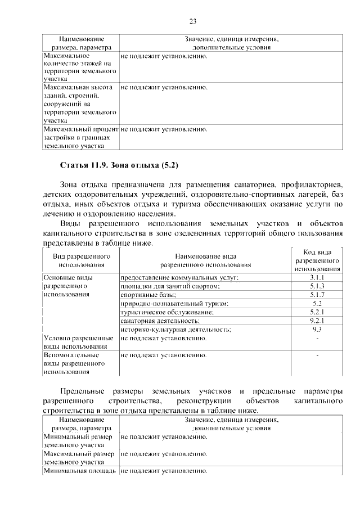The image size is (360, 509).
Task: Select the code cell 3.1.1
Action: tap(317, 278)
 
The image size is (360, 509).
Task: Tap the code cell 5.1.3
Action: tap(317, 286)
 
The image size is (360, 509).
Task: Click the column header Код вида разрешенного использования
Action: tap(317, 260)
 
